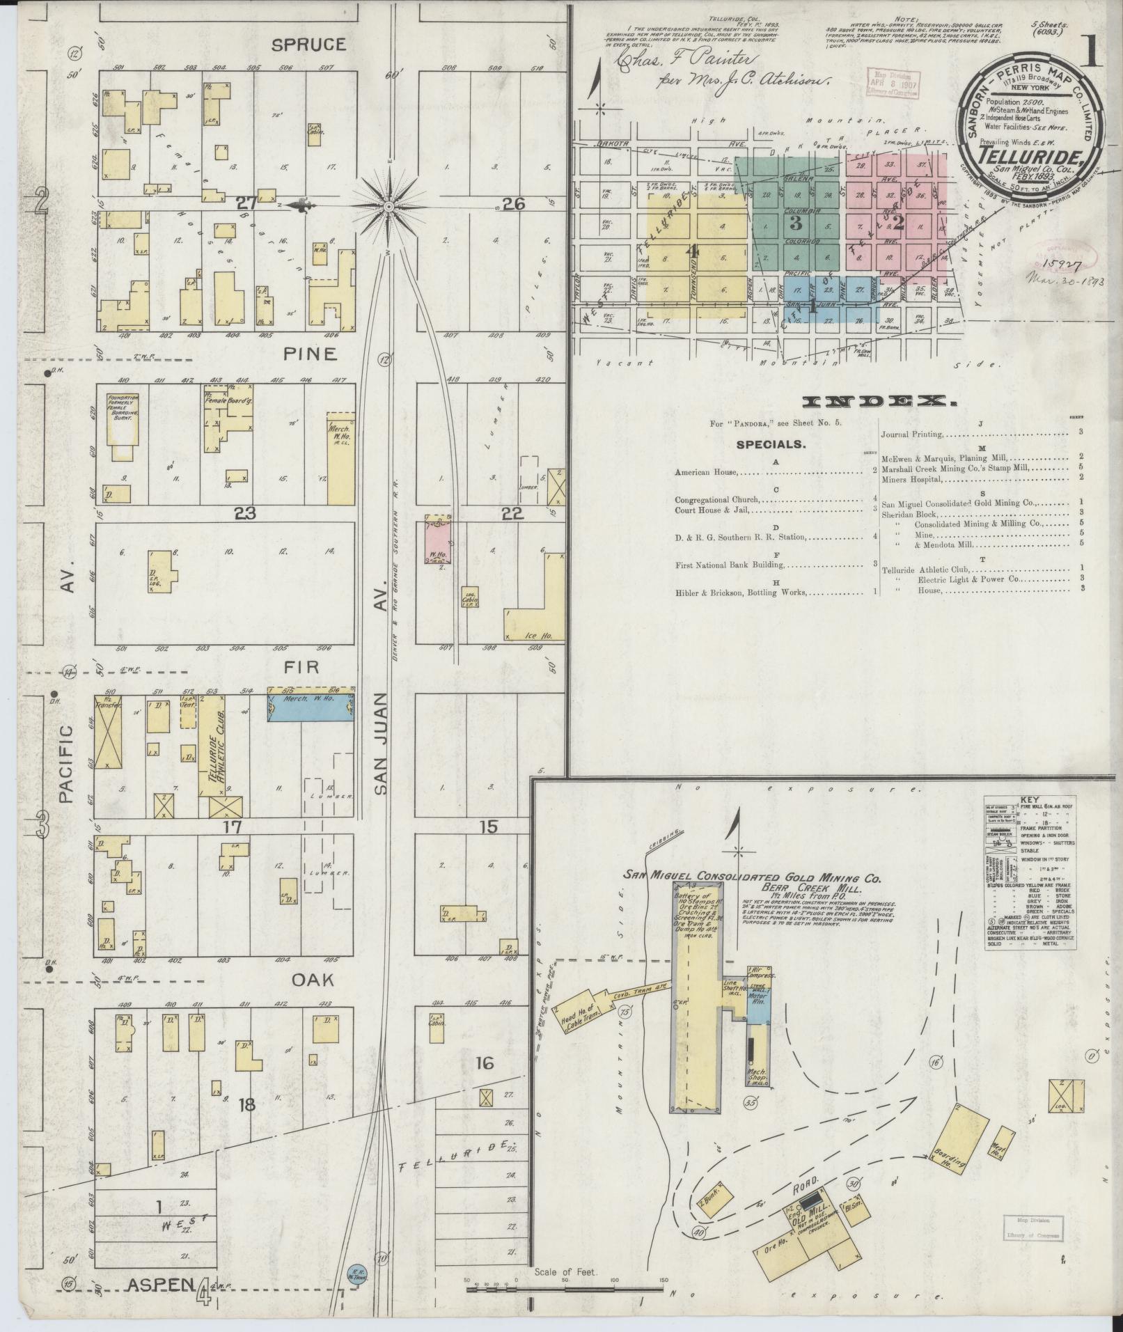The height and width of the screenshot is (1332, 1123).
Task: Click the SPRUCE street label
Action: coord(308,45)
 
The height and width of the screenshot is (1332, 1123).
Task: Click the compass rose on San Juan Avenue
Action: coord(388,207)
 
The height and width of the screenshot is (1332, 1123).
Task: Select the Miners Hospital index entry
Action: coord(912,479)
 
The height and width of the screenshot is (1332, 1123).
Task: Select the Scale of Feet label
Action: coord(560,1271)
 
